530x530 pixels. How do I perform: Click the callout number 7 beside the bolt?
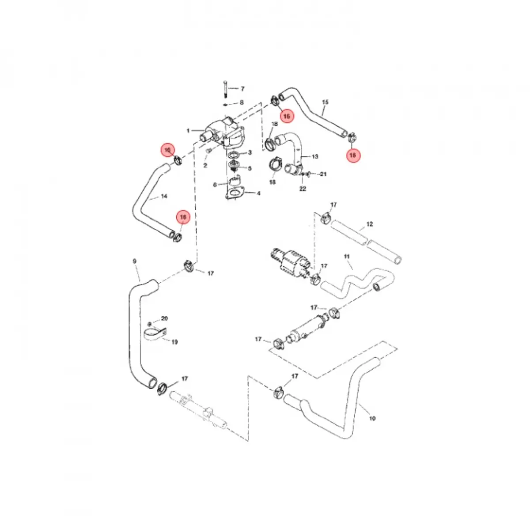242,89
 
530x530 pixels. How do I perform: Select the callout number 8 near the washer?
242,102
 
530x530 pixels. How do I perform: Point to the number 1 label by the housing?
188,131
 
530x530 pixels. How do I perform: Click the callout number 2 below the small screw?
205,166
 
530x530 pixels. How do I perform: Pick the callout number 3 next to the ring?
250,152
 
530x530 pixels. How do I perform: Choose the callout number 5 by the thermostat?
250,168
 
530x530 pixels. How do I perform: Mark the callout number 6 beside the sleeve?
215,185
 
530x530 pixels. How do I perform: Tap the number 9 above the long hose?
135,261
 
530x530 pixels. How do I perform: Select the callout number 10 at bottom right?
372,418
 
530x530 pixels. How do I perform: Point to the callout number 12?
370,224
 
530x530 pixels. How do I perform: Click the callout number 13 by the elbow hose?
315,156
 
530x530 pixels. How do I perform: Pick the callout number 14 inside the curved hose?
164,196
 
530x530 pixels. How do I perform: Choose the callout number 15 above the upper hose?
325,102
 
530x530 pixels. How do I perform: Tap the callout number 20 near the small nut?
164,318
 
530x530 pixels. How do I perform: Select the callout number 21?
323,174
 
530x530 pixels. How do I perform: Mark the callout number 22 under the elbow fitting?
303,189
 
